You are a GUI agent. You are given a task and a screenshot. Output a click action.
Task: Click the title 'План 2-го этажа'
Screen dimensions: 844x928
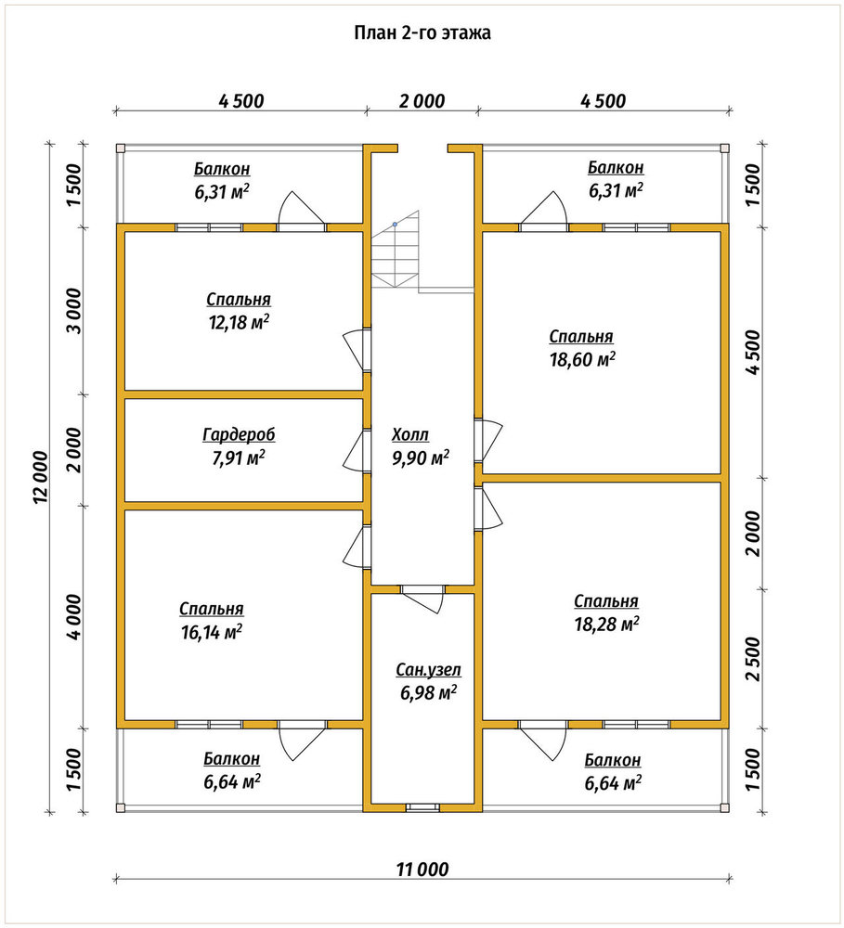[x=422, y=32]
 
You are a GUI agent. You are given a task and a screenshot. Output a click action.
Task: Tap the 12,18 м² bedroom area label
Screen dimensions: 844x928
[x=239, y=323]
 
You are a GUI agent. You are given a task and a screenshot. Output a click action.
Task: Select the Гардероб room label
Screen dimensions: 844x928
[x=239, y=435]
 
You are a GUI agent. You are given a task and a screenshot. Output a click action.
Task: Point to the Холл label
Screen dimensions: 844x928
[x=409, y=435]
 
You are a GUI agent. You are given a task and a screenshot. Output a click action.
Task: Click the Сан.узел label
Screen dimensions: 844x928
[x=428, y=670]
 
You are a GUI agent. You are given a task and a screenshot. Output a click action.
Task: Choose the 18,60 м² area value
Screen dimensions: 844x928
[x=582, y=359]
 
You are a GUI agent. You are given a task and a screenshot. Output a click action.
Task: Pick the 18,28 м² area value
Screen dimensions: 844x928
[x=606, y=624]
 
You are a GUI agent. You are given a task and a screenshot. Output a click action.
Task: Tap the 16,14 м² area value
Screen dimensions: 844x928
[x=212, y=632]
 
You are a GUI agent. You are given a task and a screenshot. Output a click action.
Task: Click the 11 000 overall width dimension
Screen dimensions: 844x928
[x=422, y=870]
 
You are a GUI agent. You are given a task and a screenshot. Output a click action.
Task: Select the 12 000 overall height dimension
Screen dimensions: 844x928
[x=40, y=478]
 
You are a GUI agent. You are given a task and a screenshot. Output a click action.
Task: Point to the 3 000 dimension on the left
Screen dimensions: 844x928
[x=75, y=311]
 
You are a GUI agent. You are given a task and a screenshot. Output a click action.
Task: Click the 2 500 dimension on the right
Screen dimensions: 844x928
[x=752, y=659]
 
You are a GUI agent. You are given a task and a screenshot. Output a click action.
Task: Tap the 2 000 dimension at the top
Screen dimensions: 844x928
[x=422, y=101]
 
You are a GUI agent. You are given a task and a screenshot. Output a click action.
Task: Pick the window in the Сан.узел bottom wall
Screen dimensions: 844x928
[x=422, y=807]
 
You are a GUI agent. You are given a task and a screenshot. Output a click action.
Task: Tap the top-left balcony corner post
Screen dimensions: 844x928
[x=120, y=148]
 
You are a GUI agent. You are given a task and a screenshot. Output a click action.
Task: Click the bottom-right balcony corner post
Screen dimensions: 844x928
[x=724, y=808]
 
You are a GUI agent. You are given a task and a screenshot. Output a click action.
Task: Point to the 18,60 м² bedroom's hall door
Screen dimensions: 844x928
[x=489, y=439]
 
